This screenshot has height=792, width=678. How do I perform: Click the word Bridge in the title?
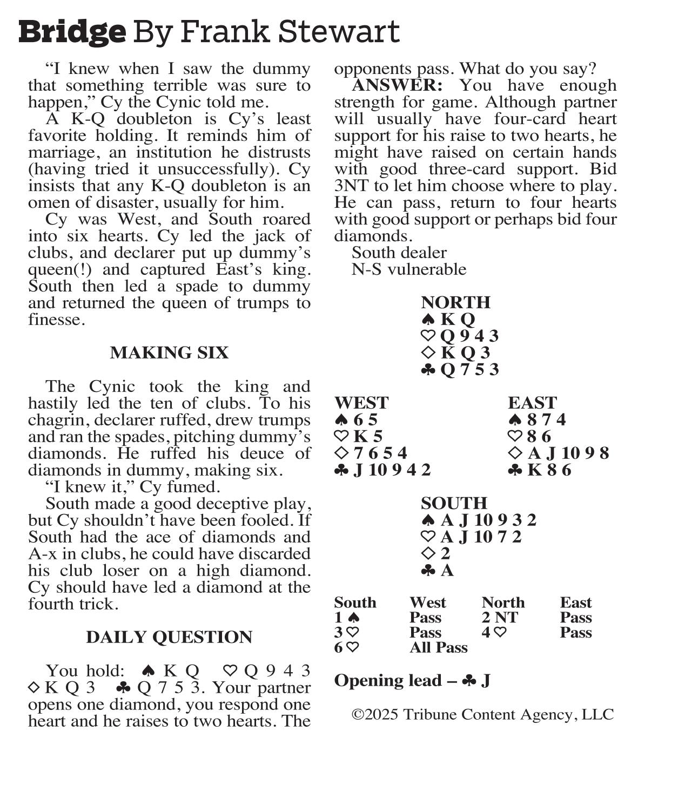coord(72,32)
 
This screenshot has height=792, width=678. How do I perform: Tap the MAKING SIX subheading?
coord(169,353)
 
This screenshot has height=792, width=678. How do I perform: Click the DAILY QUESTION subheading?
coord(169,638)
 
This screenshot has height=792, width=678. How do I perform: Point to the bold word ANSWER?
coord(397,85)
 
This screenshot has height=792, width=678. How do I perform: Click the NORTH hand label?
coord(455,302)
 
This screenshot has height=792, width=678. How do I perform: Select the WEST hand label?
coord(361,403)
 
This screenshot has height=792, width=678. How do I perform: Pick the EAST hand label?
coord(532,403)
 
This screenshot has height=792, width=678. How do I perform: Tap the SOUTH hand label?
coord(454,503)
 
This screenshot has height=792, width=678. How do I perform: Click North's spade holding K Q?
coord(448,319)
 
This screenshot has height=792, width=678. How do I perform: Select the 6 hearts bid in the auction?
coord(346,648)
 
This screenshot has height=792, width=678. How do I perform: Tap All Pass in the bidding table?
coord(438,648)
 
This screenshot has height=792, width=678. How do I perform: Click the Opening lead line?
coord(412,681)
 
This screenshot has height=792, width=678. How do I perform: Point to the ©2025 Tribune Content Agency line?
coord(482,715)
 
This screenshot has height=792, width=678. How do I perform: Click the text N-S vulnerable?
coord(408,269)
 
